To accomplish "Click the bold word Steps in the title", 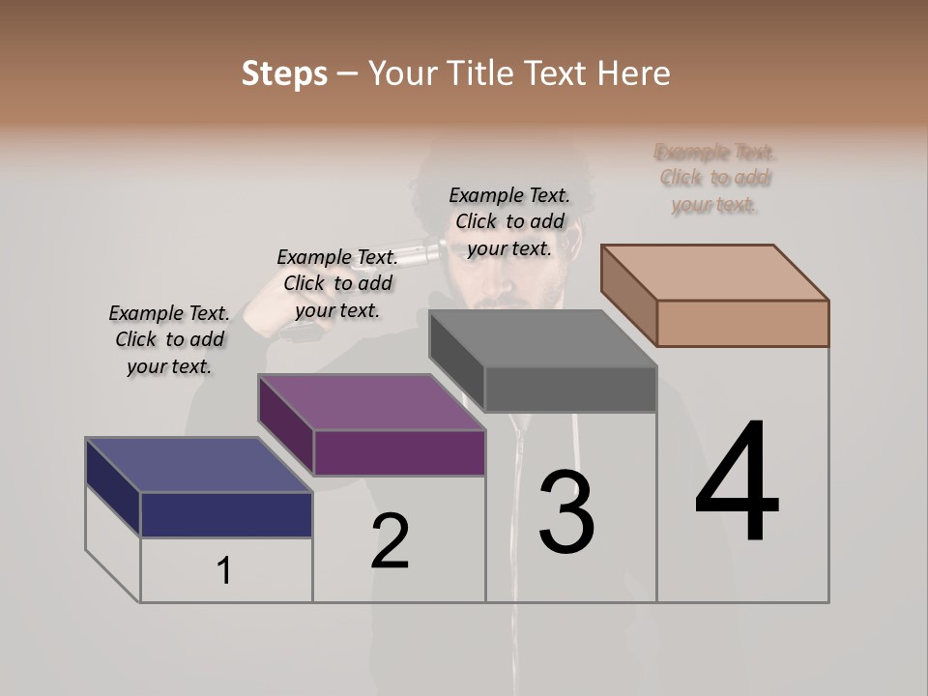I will [x=284, y=73].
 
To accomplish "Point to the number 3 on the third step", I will [x=566, y=511].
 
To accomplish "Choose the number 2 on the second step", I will [x=391, y=540].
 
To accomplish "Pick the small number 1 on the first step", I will [x=224, y=571].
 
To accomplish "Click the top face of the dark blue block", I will [x=198, y=465].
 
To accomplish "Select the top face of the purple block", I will [x=371, y=402].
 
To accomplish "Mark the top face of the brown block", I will [x=715, y=273].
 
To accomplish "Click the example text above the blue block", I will [x=169, y=339].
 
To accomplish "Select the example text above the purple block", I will [x=337, y=283].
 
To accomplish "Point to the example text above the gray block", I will [x=509, y=221].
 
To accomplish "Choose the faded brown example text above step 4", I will [x=715, y=178].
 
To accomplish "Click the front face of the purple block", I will [x=399, y=452].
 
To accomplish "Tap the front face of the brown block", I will [x=742, y=323].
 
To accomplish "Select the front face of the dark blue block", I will [x=226, y=514].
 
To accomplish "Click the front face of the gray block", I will [x=570, y=390].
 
